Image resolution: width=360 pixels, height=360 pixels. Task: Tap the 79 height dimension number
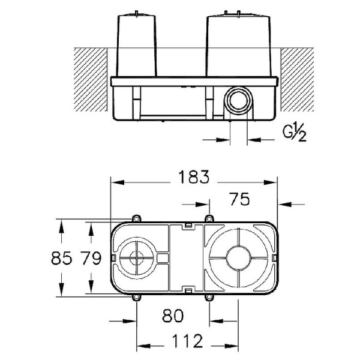tap(91, 260)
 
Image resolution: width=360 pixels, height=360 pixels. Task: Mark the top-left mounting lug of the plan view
tap(137, 218)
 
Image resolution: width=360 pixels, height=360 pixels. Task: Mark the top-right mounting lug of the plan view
tap(209, 218)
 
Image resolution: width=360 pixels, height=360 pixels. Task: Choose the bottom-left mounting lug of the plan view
tap(137, 298)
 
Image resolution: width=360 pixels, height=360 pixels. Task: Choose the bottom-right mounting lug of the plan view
tap(209, 298)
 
